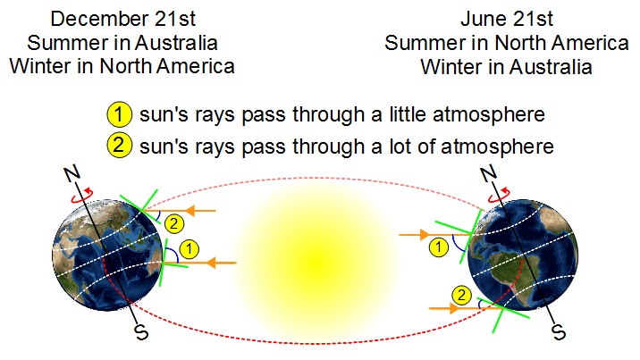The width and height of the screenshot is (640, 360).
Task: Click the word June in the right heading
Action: tap(480, 19)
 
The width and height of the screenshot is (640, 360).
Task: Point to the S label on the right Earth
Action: tap(559, 334)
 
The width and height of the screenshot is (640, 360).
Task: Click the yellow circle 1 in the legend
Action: tap(119, 115)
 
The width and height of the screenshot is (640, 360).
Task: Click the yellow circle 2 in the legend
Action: tap(119, 145)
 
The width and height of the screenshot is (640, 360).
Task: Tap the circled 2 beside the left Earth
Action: tap(175, 223)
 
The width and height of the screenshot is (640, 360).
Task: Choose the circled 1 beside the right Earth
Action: tap(438, 247)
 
